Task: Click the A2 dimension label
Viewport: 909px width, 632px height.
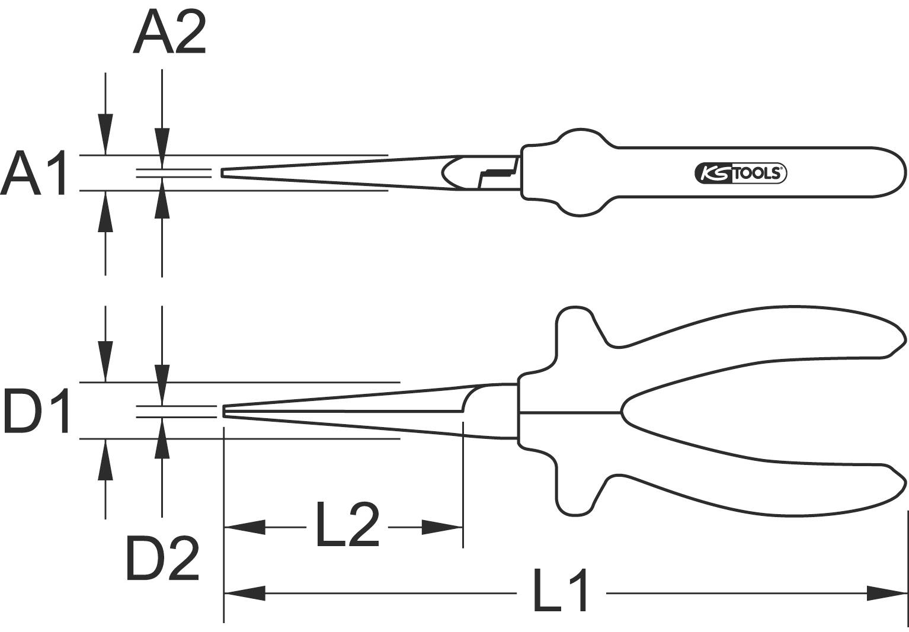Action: (x=169, y=33)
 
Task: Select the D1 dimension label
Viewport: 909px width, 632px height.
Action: (x=37, y=410)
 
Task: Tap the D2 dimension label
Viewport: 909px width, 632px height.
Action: (x=162, y=559)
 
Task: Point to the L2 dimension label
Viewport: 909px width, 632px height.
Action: (x=347, y=524)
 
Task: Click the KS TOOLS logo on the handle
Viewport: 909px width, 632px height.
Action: (x=740, y=174)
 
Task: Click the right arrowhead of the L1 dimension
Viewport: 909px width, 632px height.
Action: (x=887, y=592)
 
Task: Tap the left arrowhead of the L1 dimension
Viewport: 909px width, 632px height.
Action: (x=244, y=592)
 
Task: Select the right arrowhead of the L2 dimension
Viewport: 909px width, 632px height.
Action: (x=442, y=527)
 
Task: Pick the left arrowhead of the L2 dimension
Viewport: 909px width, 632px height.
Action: (x=244, y=527)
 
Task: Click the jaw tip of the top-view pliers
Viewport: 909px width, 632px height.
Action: (x=223, y=172)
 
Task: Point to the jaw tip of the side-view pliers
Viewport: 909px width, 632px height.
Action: (x=225, y=411)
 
